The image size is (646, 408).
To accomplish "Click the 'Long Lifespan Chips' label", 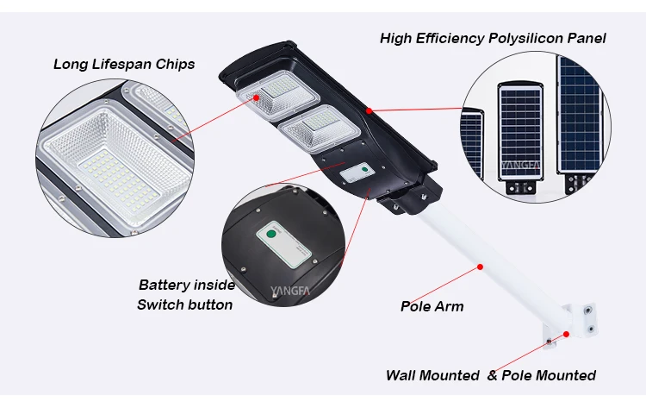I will point(124,64).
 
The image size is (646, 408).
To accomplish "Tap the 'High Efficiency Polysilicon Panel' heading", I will point(493,38).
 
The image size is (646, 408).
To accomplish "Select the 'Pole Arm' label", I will point(432,306).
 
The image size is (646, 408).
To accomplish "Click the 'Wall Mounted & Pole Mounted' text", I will point(490,375).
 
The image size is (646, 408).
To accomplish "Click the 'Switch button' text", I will point(184,304).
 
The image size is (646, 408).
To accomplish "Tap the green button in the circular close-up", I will point(270,232).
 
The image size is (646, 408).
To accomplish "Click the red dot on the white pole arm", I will point(477,267).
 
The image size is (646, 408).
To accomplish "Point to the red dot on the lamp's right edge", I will point(369,110).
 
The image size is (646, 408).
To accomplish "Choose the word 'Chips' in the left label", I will point(176,64).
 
